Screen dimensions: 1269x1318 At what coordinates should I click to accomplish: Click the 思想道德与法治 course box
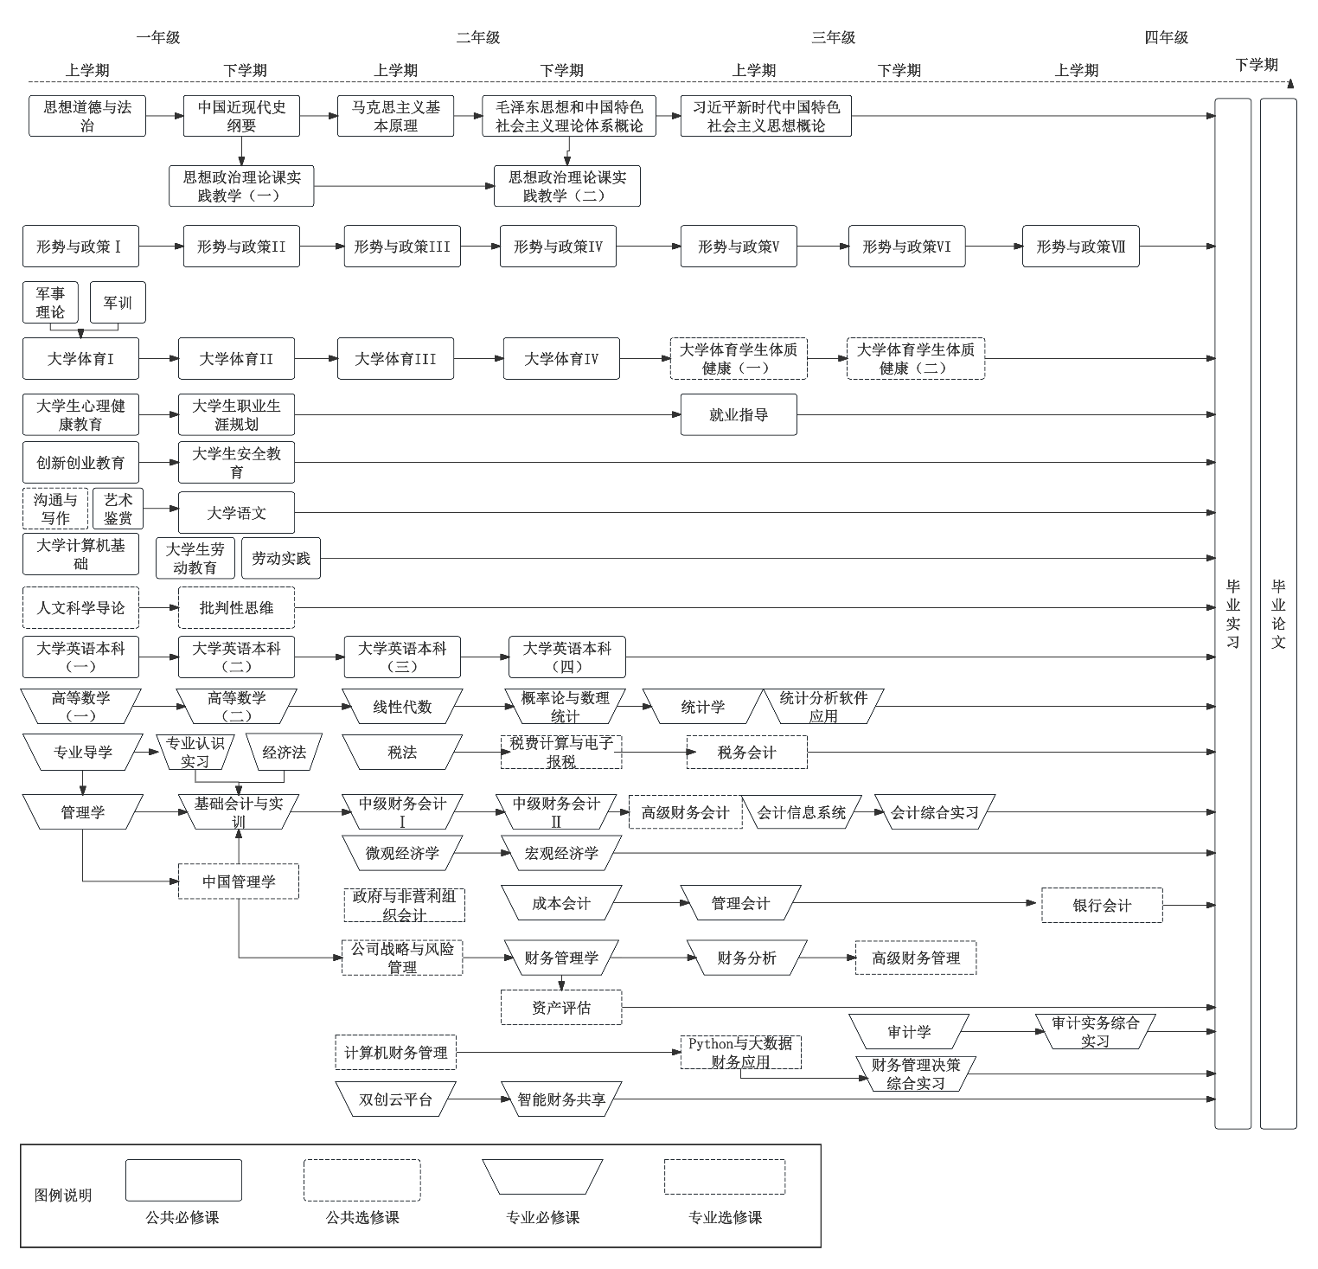(87, 116)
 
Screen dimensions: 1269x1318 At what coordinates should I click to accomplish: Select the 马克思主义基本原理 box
(395, 116)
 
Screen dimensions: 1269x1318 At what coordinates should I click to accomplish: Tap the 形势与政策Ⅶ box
(1080, 247)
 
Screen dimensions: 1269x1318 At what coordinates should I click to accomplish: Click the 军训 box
(118, 303)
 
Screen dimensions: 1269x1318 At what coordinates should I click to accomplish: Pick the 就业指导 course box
(739, 415)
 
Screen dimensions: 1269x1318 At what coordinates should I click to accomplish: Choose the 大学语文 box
(236, 513)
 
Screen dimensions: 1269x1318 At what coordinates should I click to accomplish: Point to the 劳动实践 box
(280, 559)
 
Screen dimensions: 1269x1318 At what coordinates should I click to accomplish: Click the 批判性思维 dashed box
(236, 608)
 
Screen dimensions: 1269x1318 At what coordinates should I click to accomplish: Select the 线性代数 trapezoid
(402, 707)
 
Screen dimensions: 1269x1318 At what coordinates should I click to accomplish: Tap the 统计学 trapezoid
(702, 707)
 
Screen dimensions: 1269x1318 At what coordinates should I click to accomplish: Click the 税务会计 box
(747, 753)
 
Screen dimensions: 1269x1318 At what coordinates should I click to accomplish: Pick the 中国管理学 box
(239, 881)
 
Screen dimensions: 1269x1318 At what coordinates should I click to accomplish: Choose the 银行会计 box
(1102, 906)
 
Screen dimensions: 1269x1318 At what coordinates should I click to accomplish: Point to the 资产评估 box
(561, 1008)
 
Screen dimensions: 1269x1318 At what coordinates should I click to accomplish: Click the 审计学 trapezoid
(909, 1032)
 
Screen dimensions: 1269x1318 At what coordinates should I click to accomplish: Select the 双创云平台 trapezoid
(395, 1099)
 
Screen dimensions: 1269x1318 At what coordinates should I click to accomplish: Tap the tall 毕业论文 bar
(1278, 613)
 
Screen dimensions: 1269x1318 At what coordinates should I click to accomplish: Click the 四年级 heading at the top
(1166, 37)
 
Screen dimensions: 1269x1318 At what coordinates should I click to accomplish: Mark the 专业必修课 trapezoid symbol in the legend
(542, 1180)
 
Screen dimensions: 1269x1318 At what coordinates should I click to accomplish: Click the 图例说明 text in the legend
(63, 1195)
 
